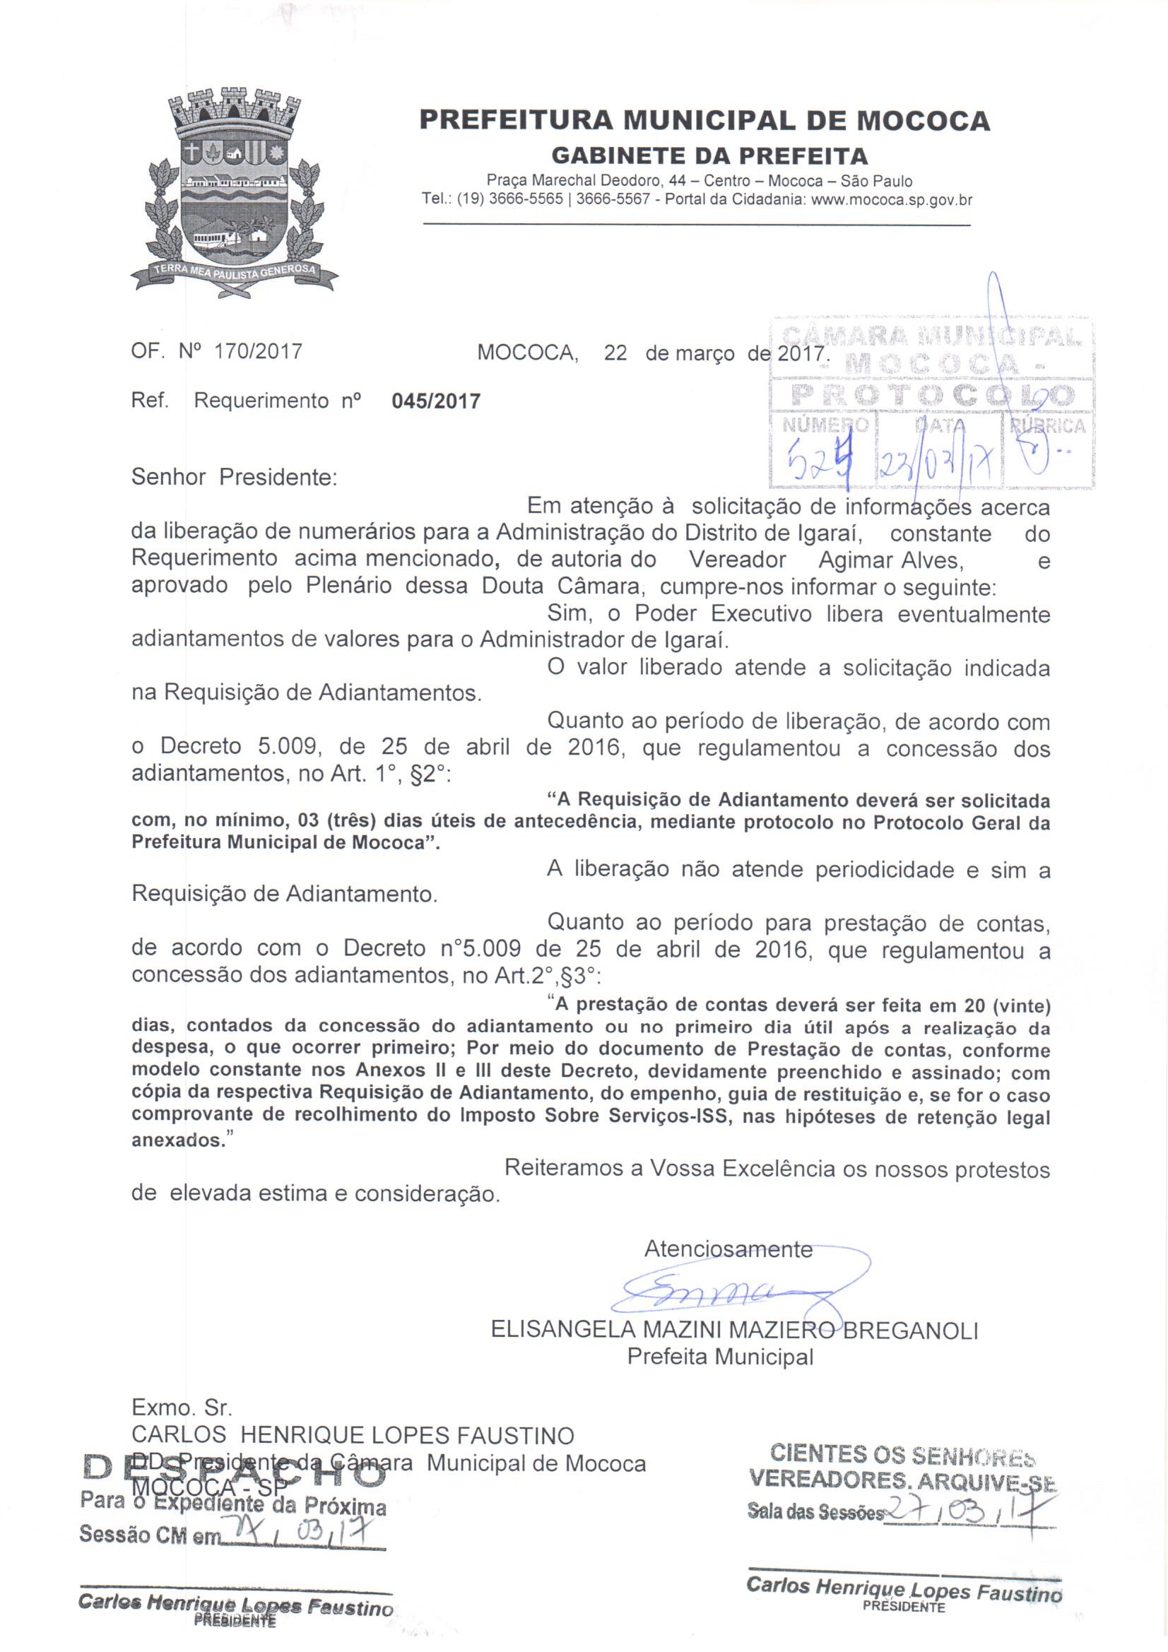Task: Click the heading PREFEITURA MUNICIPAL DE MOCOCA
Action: point(704,121)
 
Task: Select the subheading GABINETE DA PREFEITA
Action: point(709,155)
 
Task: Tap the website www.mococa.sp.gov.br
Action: point(891,200)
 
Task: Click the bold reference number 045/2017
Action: point(435,401)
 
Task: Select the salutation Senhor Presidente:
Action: point(234,477)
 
